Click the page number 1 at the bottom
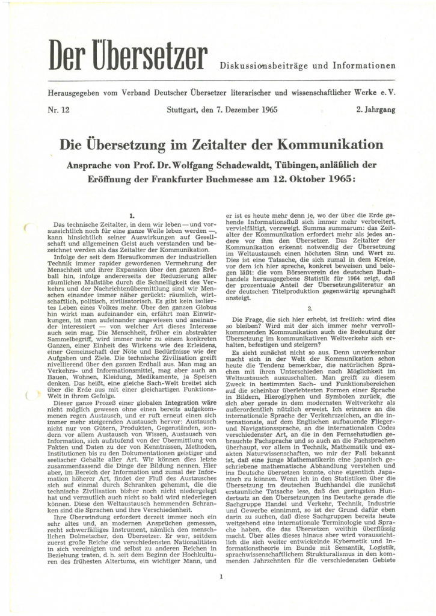coord(221,562)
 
